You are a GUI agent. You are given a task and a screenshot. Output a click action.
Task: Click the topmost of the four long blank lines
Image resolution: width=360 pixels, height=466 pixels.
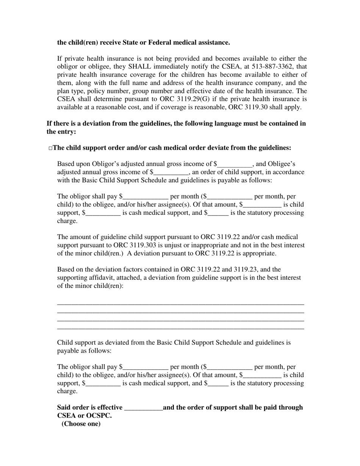click(180, 304)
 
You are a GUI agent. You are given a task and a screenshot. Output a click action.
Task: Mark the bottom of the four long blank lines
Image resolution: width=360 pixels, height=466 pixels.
click(180, 329)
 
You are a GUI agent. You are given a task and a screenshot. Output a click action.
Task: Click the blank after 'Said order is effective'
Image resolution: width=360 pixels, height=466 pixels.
click(143, 408)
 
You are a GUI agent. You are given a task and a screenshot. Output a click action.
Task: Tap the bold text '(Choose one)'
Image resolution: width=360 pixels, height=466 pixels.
click(81, 424)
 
